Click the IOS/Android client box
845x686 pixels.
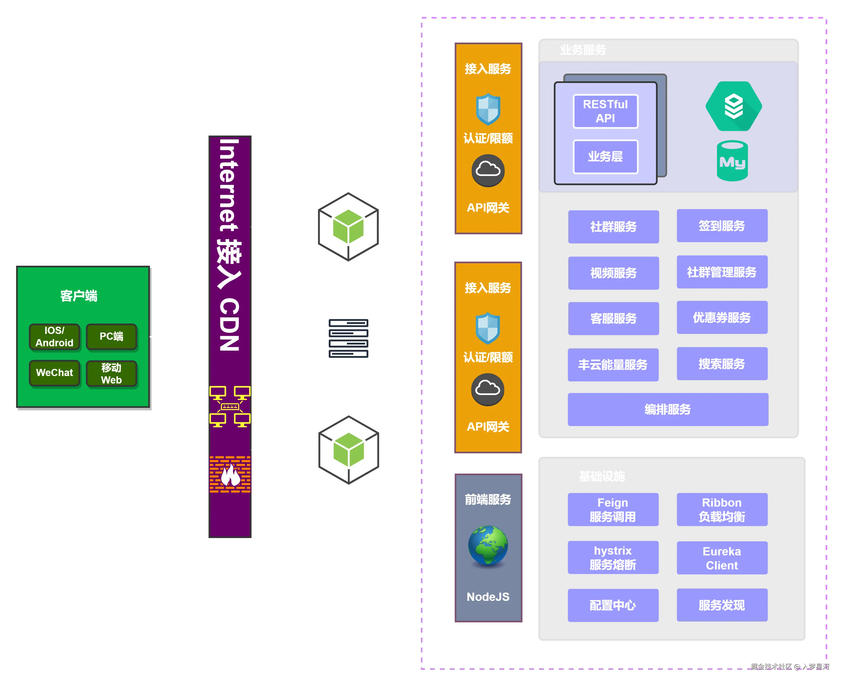[x=55, y=337]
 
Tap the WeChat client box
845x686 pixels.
[x=55, y=373]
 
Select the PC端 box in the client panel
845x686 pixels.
[x=111, y=337]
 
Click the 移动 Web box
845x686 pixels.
[x=111, y=373]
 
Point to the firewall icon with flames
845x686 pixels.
[x=230, y=474]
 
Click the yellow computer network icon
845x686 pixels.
[x=230, y=406]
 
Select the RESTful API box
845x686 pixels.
[x=605, y=111]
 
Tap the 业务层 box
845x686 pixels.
[x=605, y=156]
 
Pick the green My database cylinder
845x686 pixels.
[x=732, y=161]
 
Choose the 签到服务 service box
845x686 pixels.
[x=722, y=226]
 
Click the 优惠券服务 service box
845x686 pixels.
[x=722, y=318]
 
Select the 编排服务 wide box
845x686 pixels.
[x=668, y=409]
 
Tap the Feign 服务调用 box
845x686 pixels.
[x=613, y=509]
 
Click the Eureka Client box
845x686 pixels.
[x=722, y=558]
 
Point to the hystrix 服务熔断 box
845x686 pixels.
[x=613, y=558]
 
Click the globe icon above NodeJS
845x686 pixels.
[x=488, y=545]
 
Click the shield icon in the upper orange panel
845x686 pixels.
[x=488, y=109]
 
